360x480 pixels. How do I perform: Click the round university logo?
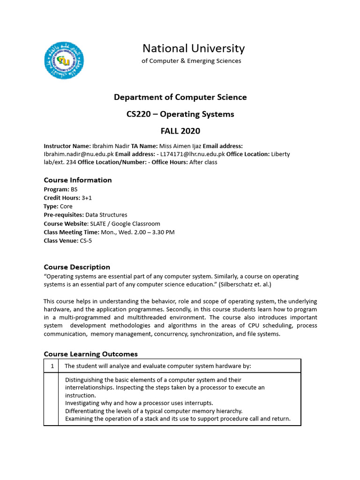click(64, 60)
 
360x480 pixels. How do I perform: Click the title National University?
click(193, 48)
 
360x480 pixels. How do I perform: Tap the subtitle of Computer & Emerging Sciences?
click(191, 61)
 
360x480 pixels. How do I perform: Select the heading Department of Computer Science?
click(180, 97)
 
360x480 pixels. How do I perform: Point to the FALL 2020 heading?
click(180, 131)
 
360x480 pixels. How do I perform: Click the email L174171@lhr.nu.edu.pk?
click(193, 154)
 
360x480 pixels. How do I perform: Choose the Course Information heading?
click(78, 180)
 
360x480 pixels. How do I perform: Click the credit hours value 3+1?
click(87, 198)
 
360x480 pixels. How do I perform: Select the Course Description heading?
click(77, 267)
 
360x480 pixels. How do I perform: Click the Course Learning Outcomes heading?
click(90, 354)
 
